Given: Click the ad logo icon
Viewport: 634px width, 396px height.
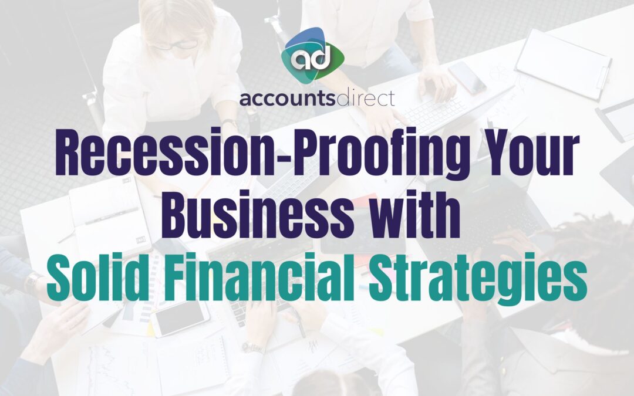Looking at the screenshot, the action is tap(312, 55).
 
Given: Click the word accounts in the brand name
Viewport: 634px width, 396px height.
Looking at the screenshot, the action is tap(288, 99).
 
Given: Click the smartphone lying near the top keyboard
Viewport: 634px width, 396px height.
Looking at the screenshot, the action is tap(467, 77).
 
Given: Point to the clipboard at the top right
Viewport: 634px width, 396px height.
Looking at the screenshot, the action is tap(563, 65).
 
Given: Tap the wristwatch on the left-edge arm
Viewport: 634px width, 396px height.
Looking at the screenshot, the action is tap(32, 282).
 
